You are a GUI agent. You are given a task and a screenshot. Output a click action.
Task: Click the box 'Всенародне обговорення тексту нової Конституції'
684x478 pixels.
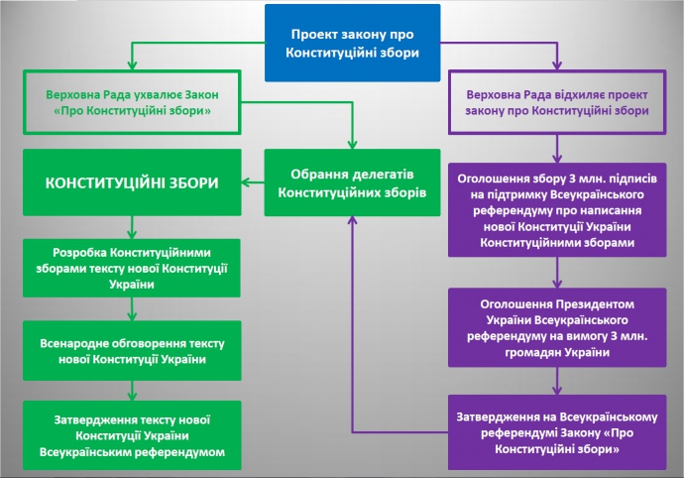(x=132, y=350)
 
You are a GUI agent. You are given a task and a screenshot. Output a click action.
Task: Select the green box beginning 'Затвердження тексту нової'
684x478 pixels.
(x=132, y=432)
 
